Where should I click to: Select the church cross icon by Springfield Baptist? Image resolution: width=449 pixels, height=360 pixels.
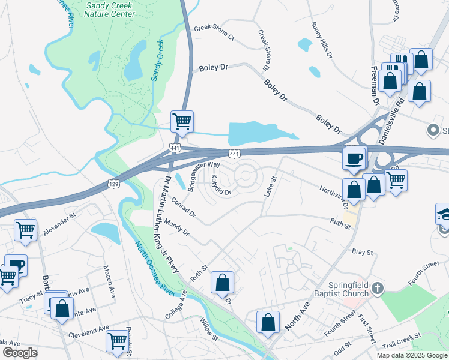(376, 288)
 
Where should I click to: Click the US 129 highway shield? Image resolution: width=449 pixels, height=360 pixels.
(113, 183)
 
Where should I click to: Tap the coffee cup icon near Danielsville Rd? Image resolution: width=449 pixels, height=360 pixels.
(354, 158)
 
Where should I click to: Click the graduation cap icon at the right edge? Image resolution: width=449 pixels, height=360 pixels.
(444, 214)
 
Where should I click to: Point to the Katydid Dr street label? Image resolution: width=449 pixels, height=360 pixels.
(220, 186)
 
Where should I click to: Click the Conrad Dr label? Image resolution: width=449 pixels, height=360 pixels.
(183, 206)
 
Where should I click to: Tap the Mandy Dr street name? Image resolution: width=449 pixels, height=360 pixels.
(176, 227)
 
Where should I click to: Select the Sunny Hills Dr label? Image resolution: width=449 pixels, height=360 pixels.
(321, 40)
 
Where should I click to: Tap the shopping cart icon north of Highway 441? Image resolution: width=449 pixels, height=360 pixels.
(182, 121)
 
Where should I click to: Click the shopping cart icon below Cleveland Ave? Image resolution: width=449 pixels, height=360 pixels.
(116, 341)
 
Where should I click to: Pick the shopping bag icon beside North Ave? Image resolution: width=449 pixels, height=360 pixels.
(268, 322)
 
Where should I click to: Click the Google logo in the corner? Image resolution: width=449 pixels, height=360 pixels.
(20, 353)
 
